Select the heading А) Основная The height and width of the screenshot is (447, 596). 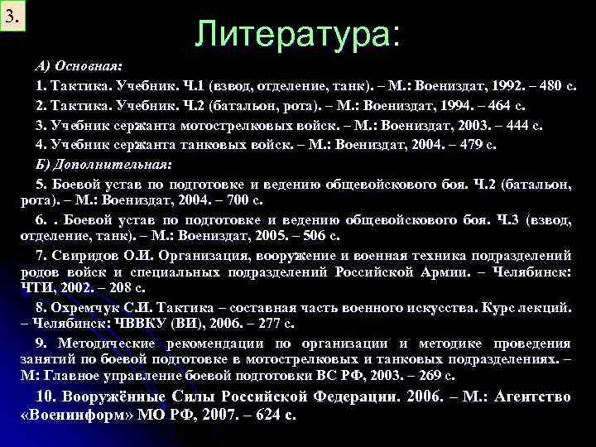[x=79, y=65]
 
